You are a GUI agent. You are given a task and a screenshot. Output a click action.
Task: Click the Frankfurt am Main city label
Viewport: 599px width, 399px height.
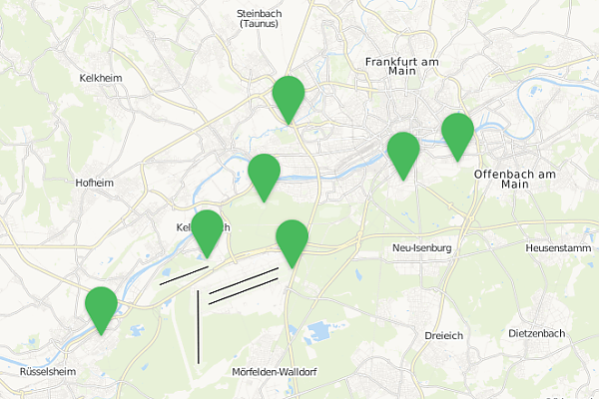pyautogui.click(x=402, y=66)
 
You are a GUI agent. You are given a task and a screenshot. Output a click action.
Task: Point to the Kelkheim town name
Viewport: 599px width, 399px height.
pyautogui.click(x=99, y=77)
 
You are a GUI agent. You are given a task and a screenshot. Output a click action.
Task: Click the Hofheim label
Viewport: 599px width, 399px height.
pyautogui.click(x=95, y=183)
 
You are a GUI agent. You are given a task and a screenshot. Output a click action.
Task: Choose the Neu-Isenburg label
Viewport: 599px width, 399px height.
pyautogui.click(x=422, y=247)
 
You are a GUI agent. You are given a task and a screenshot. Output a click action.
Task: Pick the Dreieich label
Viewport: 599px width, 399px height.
pyautogui.click(x=442, y=335)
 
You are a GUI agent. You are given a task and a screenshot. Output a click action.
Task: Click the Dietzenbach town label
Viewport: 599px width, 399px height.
pyautogui.click(x=537, y=332)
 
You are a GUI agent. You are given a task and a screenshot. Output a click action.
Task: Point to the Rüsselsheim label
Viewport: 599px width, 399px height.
pyautogui.click(x=48, y=371)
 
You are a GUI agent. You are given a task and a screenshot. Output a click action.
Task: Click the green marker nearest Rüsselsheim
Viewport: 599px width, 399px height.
pyautogui.click(x=101, y=308)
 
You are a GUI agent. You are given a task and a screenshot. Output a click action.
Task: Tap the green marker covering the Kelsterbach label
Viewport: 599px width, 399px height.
pyautogui.click(x=207, y=232)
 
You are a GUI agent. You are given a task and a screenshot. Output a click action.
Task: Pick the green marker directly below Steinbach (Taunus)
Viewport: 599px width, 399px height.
pyautogui.click(x=289, y=98)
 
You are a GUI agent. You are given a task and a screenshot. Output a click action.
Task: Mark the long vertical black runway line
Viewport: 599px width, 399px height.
pyautogui.click(x=199, y=326)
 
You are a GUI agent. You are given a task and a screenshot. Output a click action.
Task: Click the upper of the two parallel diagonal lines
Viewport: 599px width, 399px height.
pyautogui.click(x=244, y=280)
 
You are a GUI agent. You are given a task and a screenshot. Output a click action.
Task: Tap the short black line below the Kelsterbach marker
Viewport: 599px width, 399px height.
pyautogui.click(x=183, y=275)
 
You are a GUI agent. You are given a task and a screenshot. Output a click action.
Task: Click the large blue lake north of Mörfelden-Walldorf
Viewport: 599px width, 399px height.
pyautogui.click(x=317, y=331)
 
